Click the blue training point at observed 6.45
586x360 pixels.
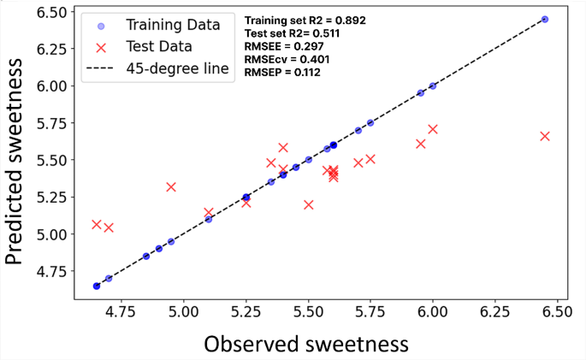coord(545,19)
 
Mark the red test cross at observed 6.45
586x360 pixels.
coord(545,136)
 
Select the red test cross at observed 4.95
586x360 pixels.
coord(171,186)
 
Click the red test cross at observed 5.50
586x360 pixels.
coord(308,204)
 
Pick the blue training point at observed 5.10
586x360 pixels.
coord(209,219)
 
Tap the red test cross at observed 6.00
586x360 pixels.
coord(433,129)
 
